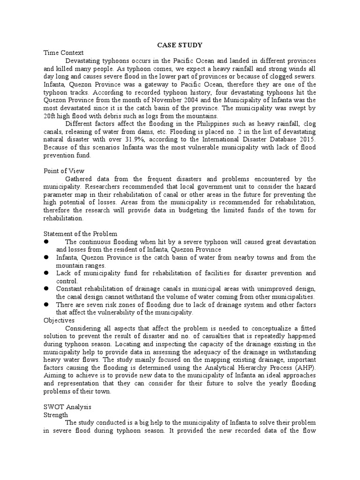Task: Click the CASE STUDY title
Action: click(180, 45)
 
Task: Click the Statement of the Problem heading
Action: click(80, 233)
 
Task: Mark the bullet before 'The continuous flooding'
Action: click(47, 241)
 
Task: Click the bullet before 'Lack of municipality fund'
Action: click(47, 273)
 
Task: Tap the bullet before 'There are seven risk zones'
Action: click(47, 304)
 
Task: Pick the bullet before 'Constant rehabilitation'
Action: click(47, 289)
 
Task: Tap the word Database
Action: click(281, 140)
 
